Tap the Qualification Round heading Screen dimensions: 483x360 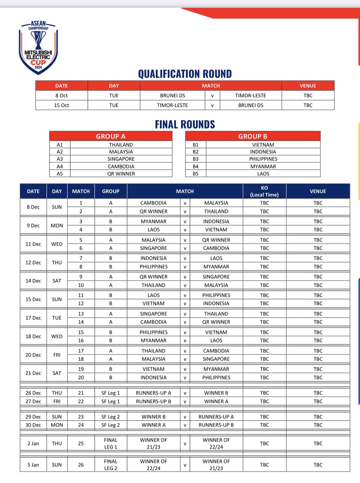pos(185,74)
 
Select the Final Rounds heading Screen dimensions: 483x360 pos(185,125)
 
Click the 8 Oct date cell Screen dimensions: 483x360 pos(61,95)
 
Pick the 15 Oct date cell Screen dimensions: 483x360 pos(61,105)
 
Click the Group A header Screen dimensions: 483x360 pos(111,136)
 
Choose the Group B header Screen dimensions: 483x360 pos(253,136)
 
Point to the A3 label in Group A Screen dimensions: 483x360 pos(60,159)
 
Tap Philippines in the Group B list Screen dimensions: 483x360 pos(263,159)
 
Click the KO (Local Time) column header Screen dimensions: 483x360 pos(264,191)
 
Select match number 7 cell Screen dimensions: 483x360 pos(81,258)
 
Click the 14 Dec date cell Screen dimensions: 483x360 pos(33,281)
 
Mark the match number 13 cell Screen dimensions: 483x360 pos(81,314)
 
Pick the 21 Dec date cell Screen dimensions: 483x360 pos(33,373)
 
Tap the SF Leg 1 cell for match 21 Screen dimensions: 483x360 pos(111,393)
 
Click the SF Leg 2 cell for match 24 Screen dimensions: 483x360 pos(111,425)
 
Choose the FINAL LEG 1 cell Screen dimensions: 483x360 pos(111,443)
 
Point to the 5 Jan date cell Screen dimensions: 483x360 pos(33,465)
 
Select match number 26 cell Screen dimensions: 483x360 pos(81,465)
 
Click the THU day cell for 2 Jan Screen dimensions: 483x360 pos(57,443)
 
